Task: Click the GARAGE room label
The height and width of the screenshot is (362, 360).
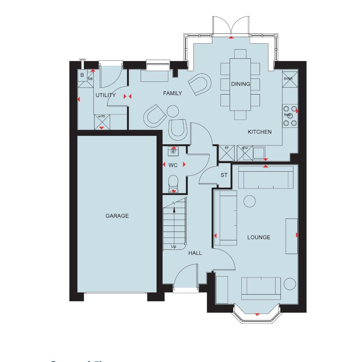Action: click(117, 216)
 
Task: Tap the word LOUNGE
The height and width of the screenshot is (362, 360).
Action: click(258, 237)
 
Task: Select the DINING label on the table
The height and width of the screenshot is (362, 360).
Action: click(240, 84)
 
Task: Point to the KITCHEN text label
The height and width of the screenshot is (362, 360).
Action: click(259, 132)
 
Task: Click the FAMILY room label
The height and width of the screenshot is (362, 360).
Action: click(172, 93)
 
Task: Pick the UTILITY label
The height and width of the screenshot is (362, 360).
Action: click(105, 95)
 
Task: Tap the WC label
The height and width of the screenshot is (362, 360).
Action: click(173, 165)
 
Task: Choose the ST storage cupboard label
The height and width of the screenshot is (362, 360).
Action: click(224, 175)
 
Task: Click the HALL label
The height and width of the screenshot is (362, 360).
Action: click(195, 253)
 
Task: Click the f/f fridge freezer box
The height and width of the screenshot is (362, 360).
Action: click(224, 153)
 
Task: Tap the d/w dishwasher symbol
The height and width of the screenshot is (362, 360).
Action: click(244, 153)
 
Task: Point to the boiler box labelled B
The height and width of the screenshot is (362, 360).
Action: click(82, 75)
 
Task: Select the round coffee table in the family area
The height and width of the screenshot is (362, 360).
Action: click(173, 111)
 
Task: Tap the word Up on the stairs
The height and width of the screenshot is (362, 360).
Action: click(174, 247)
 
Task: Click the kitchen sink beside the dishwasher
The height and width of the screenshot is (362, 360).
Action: click(259, 153)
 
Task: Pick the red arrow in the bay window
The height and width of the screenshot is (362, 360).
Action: click(257, 314)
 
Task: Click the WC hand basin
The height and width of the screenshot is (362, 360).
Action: click(173, 152)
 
